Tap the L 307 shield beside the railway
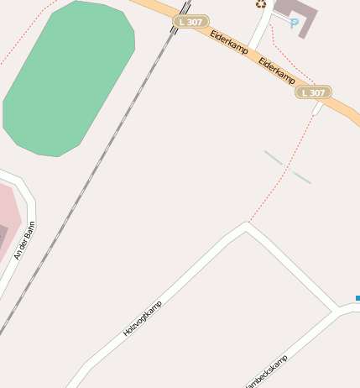[x=191, y=22]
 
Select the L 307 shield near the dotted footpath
[x=314, y=92]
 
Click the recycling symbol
[x=261, y=4]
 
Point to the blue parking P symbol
[x=293, y=24]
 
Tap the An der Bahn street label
[x=25, y=240]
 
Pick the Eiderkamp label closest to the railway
[x=229, y=44]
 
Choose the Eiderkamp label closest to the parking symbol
[x=277, y=71]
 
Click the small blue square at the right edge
[x=357, y=298]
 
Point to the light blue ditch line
[x=287, y=167]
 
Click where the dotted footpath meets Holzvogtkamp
[x=248, y=223]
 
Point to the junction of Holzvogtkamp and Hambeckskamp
[x=336, y=312]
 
